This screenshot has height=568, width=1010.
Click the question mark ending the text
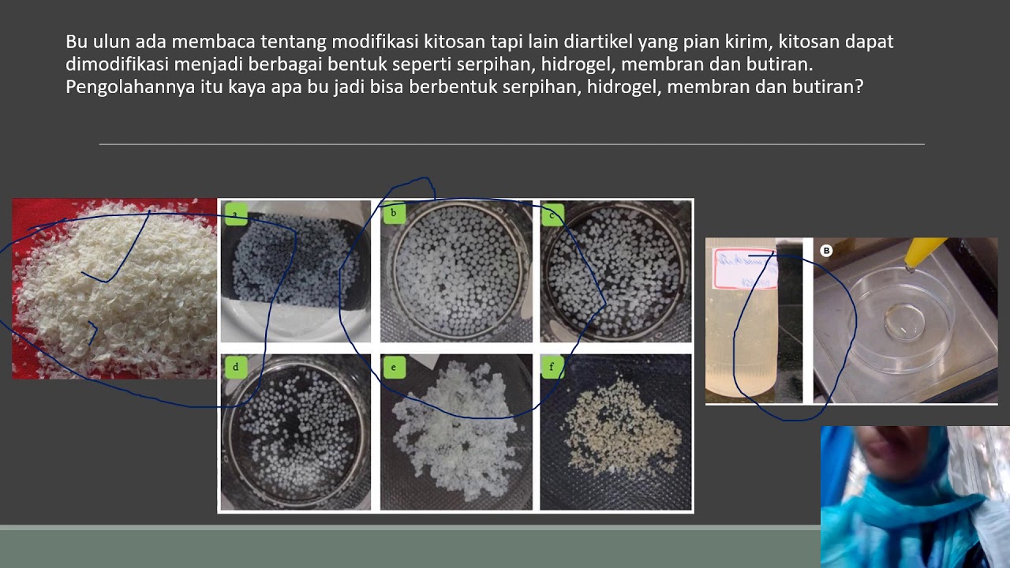click(x=858, y=88)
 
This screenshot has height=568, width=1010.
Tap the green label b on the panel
click(x=393, y=213)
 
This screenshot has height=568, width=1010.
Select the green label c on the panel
click(x=552, y=215)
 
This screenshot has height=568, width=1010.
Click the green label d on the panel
click(x=235, y=367)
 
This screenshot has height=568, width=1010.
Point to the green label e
click(x=393, y=367)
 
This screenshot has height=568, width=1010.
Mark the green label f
click(x=552, y=367)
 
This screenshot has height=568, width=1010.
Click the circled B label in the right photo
click(x=826, y=251)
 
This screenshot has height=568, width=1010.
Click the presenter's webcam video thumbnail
click(x=915, y=496)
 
